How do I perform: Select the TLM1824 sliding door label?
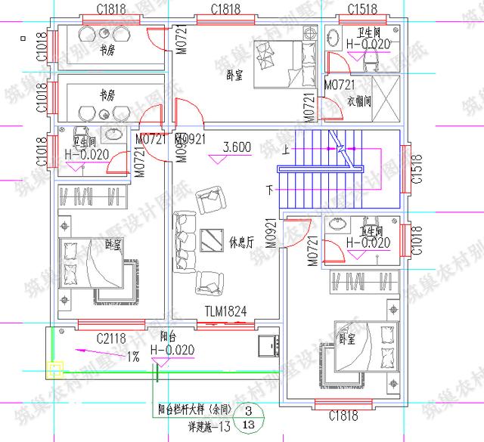[x=225, y=311]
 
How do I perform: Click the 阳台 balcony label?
[x=169, y=338]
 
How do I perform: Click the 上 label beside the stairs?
[x=285, y=149]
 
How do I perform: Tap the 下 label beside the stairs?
[x=268, y=187]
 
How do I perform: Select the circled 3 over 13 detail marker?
[x=247, y=418]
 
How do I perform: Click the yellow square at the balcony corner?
[x=54, y=369]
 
